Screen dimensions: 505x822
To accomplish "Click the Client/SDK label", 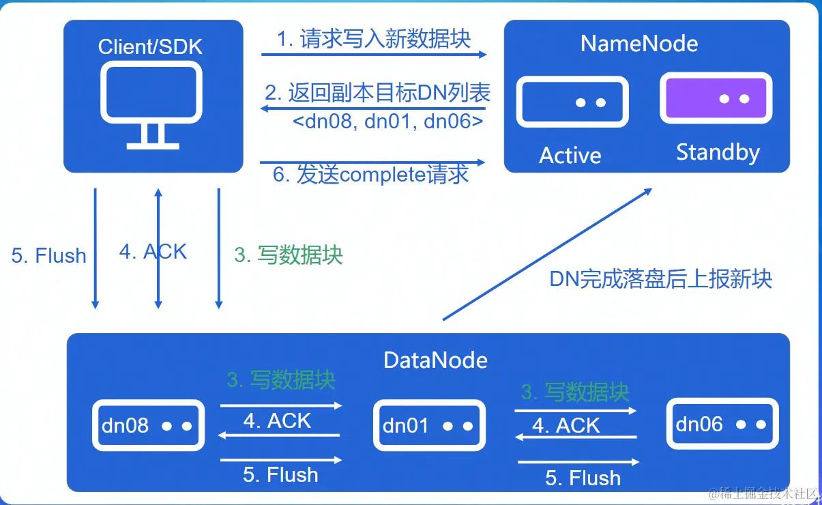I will point(151,46).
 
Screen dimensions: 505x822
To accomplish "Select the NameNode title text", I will point(639,44).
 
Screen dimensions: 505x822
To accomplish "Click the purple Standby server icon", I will point(716,100).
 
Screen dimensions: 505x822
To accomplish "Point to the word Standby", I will point(718,152).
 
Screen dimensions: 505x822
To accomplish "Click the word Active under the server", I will point(570,156).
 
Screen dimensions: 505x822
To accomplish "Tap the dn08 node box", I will point(148,425).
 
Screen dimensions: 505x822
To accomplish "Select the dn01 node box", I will point(429,425).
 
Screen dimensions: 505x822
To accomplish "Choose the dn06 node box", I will point(722,424).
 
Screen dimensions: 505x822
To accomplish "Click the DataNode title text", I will point(435,360).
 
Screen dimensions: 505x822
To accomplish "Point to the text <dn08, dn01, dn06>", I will point(388,121).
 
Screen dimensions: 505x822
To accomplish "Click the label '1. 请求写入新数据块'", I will point(374,39).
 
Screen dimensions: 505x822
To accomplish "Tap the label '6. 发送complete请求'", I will point(371,175).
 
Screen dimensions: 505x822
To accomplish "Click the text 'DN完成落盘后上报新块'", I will point(660,279).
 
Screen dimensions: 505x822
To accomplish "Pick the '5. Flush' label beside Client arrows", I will point(49,256).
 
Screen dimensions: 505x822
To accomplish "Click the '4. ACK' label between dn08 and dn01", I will point(277,421).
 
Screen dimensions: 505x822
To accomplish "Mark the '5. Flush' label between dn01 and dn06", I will point(583,478).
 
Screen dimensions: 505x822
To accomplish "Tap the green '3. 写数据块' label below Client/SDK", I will point(289,255).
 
